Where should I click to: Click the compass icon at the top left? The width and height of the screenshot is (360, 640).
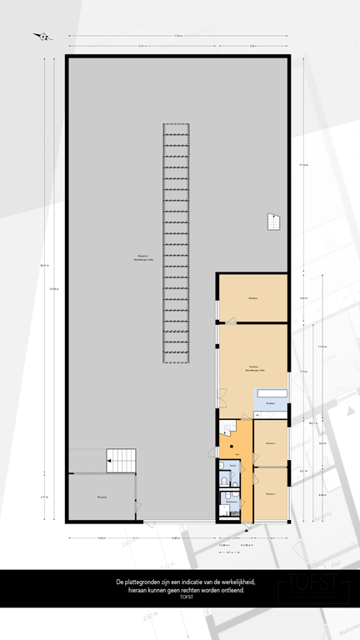(41, 37)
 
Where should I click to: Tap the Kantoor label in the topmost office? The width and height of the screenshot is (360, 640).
(252, 297)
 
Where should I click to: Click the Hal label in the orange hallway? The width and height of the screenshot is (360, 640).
(237, 454)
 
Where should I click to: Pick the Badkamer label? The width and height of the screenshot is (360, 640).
(227, 502)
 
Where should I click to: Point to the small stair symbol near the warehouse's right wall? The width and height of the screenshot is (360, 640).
(273, 222)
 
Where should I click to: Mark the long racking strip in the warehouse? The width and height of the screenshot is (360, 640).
(176, 242)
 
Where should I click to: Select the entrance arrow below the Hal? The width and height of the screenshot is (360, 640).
(247, 526)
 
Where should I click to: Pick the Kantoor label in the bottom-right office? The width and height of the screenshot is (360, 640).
(270, 495)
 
